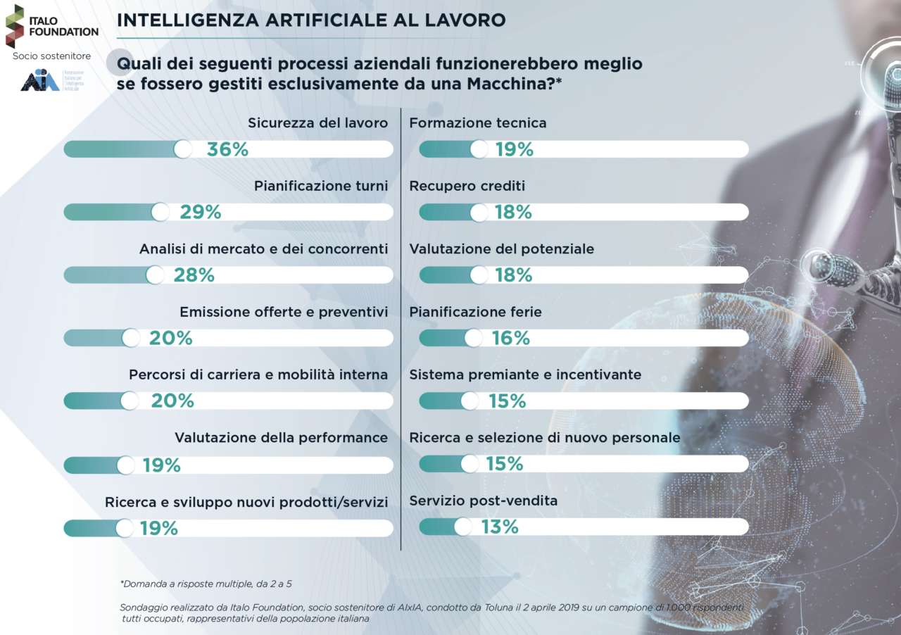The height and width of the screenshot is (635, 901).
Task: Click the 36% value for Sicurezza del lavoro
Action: coord(227,149)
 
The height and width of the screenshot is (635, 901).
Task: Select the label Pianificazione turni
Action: coord(321,187)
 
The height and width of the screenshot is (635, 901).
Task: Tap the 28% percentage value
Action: coord(194,275)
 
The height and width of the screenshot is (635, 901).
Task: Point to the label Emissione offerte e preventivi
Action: coord(284,311)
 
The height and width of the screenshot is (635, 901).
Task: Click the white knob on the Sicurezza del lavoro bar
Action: coord(183,149)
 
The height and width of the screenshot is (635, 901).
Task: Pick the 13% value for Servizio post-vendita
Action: coord(500,527)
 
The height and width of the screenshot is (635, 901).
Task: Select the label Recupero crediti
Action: coord(467,187)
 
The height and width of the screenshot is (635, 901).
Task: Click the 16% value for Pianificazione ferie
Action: coord(511,338)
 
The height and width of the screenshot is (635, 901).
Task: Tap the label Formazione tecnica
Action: coord(478,123)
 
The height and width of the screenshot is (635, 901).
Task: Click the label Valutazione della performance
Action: coord(281,438)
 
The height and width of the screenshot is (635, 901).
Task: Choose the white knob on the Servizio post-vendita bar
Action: coord(462,527)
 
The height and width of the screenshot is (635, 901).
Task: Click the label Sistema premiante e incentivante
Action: coord(525,375)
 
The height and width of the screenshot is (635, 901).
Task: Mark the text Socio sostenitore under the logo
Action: coord(52,56)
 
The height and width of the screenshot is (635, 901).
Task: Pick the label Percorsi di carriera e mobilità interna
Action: coord(258,375)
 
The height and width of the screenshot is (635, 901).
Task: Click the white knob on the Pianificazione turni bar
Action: coord(160,212)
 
